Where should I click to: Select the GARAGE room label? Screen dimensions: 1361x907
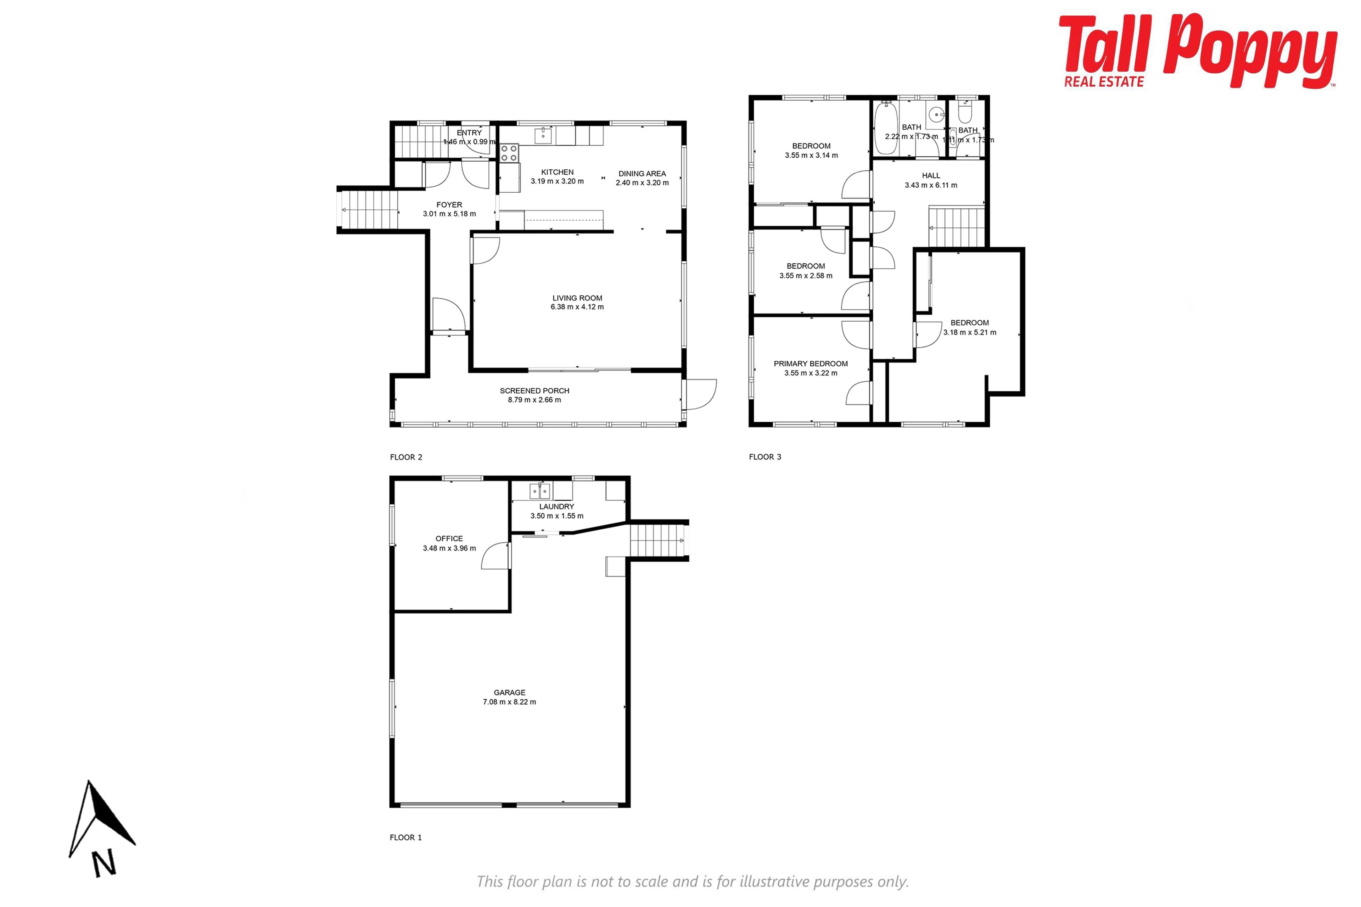(x=509, y=692)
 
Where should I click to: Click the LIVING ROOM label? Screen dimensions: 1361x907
(x=577, y=298)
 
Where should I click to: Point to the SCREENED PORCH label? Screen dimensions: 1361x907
(x=534, y=390)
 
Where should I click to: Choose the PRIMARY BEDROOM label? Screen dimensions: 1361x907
(x=810, y=363)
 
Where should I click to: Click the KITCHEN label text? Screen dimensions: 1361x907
(x=557, y=172)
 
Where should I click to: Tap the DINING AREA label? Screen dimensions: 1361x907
(x=642, y=174)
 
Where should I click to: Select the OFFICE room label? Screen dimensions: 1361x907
(x=449, y=538)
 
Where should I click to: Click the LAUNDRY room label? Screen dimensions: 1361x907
(x=557, y=506)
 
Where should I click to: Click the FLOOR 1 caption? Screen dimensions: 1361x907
(x=405, y=837)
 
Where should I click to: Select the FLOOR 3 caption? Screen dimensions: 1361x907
(x=764, y=456)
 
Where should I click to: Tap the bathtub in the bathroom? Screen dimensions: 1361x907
(x=885, y=128)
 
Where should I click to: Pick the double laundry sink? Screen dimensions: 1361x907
(x=540, y=491)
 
